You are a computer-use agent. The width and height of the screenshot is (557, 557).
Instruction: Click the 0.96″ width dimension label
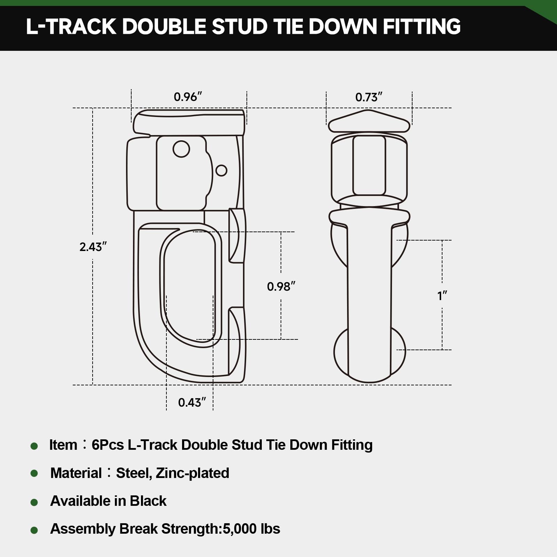[x=188, y=97]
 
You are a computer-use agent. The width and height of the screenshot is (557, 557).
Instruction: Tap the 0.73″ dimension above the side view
[x=369, y=97]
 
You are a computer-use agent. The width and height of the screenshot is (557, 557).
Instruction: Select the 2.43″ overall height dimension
[x=93, y=247]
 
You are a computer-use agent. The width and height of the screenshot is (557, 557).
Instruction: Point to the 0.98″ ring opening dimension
[x=281, y=287]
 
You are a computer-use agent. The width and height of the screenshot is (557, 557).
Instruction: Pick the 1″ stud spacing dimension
[x=442, y=296]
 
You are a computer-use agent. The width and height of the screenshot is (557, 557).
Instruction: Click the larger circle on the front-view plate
[x=181, y=149]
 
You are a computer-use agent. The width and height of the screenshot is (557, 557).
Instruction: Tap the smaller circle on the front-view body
[x=221, y=170]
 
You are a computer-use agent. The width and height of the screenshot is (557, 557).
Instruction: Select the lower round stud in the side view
[x=370, y=352]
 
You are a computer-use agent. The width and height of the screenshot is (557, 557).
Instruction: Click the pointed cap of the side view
[x=369, y=122]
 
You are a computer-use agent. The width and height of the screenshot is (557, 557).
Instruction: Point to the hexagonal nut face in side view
[x=369, y=166]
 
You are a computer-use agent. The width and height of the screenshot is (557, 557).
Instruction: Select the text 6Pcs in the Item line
[x=108, y=445]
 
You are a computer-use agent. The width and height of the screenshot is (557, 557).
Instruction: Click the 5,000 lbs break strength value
[x=251, y=529]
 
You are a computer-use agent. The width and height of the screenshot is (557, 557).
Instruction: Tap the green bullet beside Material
[x=34, y=473]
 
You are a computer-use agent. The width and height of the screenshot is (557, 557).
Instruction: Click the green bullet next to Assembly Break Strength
[x=34, y=530]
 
